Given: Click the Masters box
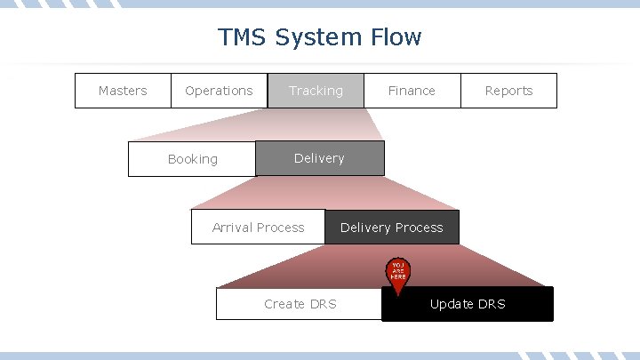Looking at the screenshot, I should [123, 91].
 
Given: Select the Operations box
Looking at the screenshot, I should [219, 91].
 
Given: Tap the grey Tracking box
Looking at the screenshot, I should [316, 91].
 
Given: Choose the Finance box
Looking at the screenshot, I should [412, 91].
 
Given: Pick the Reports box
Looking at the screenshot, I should [508, 91].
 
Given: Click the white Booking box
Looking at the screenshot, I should [192, 159].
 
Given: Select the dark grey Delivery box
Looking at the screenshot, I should [320, 158].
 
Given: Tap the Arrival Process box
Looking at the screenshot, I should [258, 228].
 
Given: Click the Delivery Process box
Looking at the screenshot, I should [392, 228].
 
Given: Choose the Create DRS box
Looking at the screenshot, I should [300, 304].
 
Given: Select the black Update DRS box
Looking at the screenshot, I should [468, 304].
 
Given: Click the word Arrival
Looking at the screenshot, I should [232, 228].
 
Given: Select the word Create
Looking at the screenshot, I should [284, 304].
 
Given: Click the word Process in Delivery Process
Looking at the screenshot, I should [419, 228].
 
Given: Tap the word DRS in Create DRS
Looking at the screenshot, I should [323, 304].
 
